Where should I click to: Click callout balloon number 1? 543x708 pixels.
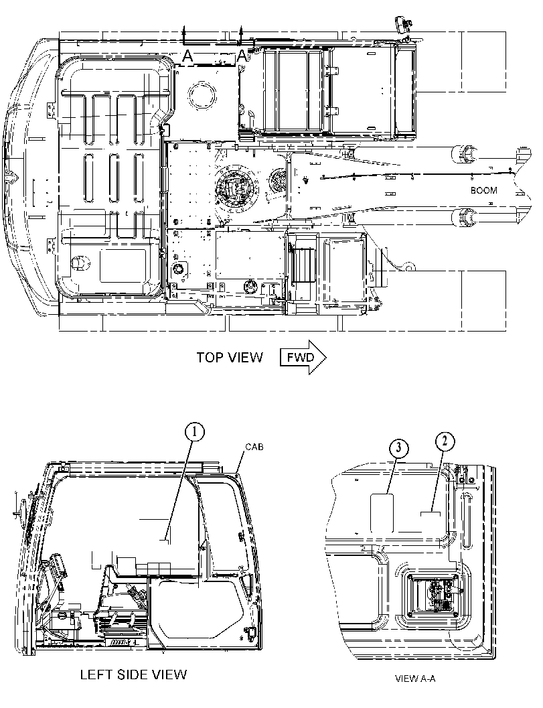click(195, 432)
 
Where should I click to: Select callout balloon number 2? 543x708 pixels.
click(445, 441)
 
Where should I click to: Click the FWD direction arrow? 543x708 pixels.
click(303, 357)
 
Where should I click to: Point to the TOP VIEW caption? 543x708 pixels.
click(229, 357)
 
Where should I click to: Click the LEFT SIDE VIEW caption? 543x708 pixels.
click(133, 675)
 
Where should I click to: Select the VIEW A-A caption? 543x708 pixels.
click(415, 679)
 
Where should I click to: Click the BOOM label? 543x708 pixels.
click(484, 190)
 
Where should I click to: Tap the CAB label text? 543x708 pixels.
click(254, 447)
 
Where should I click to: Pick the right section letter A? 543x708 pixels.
click(242, 56)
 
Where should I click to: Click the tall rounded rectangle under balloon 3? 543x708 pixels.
click(382, 513)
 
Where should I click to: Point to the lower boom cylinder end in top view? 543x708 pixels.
click(463, 218)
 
